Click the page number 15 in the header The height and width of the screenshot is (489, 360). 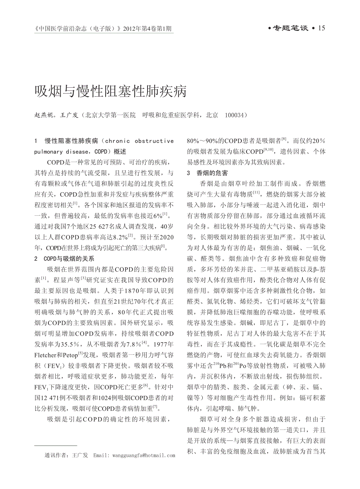(x=322, y=28)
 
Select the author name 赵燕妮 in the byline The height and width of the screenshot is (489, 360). (x=44, y=115)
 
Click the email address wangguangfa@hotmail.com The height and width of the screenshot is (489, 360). (x=143, y=455)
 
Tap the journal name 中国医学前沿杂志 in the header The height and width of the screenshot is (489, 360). (x=59, y=29)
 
